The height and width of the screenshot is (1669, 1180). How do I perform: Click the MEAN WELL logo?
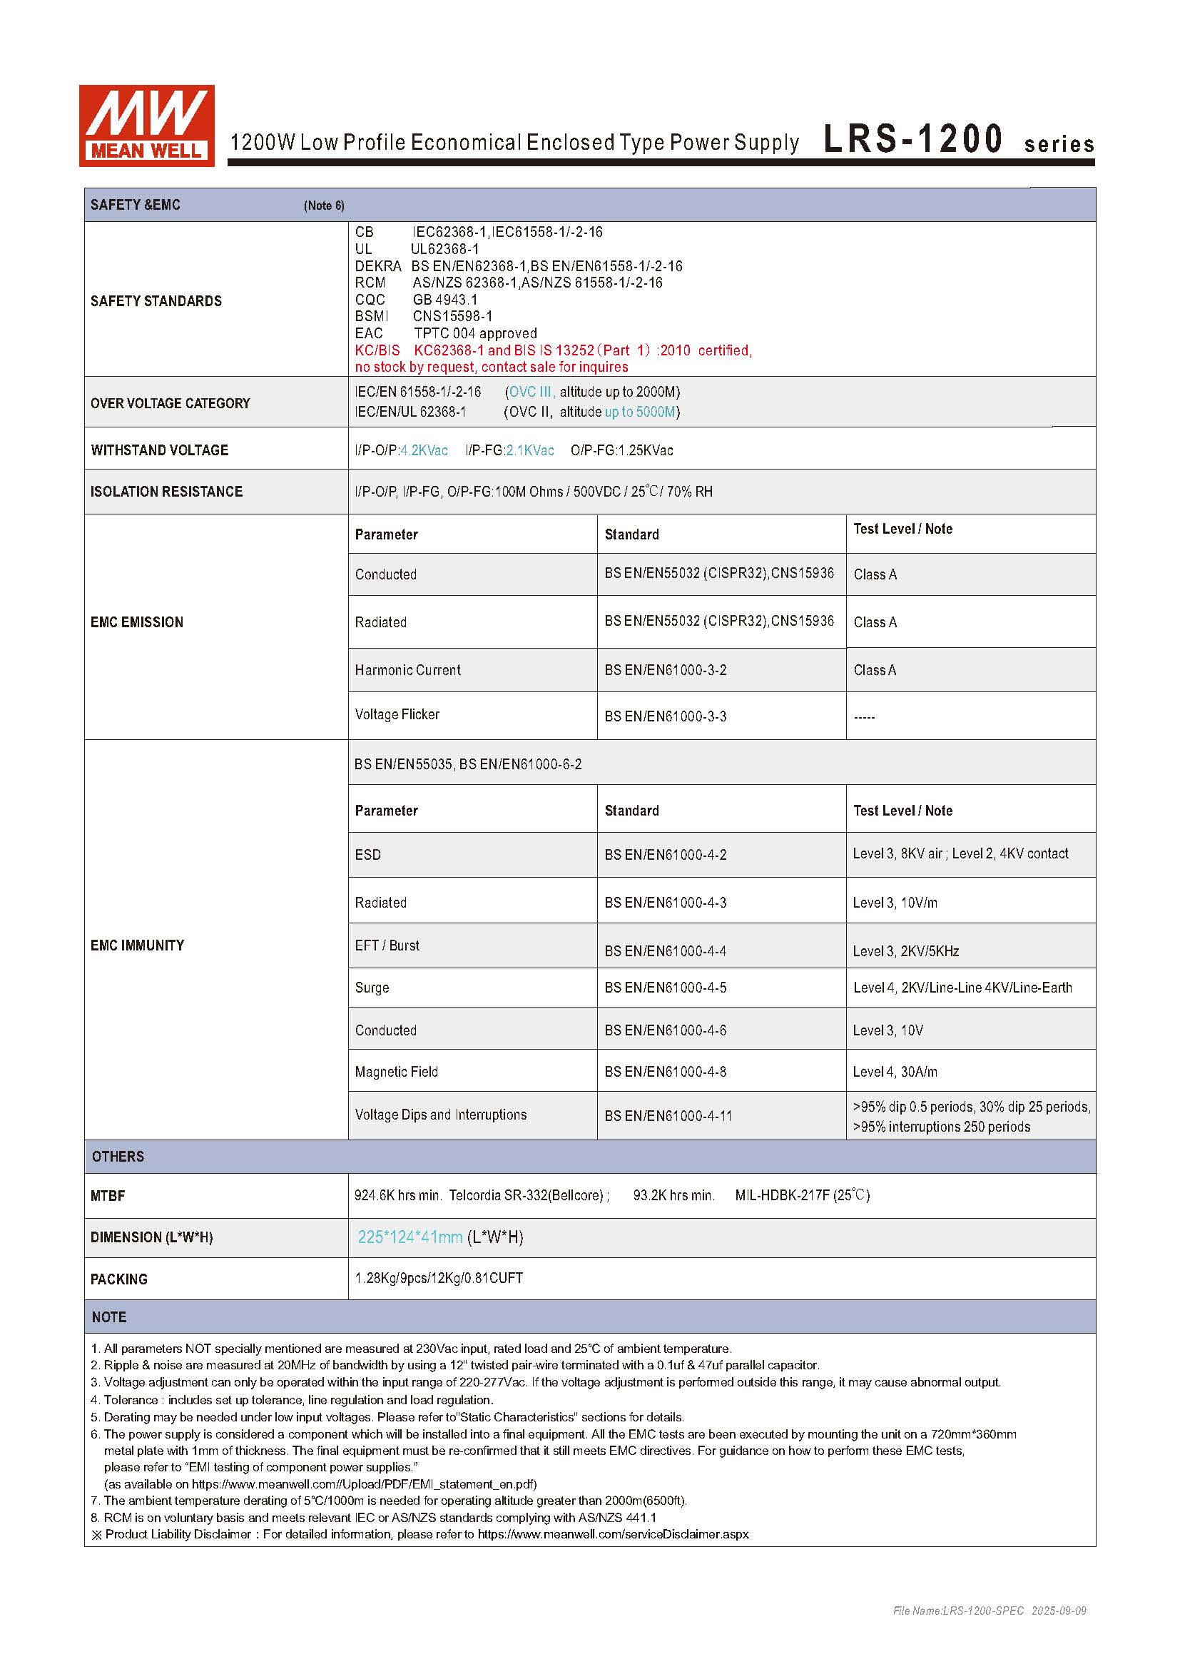click(146, 125)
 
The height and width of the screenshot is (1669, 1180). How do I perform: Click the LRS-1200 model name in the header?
click(912, 139)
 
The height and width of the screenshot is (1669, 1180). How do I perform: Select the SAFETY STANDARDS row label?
click(156, 301)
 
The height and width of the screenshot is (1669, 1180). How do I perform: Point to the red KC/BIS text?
click(377, 350)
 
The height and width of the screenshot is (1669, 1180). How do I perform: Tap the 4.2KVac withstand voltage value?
click(424, 451)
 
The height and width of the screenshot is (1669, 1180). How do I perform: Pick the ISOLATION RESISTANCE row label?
click(166, 492)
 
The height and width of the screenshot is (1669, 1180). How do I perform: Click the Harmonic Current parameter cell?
click(407, 670)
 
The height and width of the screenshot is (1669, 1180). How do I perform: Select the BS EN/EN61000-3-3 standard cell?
click(665, 716)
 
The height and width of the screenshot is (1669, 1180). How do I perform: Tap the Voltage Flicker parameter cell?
click(397, 714)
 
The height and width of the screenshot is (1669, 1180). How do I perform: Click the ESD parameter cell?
click(367, 855)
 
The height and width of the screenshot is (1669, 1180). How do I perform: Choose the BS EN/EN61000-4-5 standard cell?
click(665, 988)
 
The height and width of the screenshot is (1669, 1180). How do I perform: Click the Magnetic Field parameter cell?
click(396, 1072)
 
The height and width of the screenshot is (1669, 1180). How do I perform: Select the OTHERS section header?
click(118, 1157)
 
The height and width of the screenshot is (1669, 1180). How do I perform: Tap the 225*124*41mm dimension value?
click(410, 1237)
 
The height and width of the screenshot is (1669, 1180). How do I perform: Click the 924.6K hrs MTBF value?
click(397, 1195)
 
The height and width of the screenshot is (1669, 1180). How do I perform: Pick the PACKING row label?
click(118, 1279)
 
